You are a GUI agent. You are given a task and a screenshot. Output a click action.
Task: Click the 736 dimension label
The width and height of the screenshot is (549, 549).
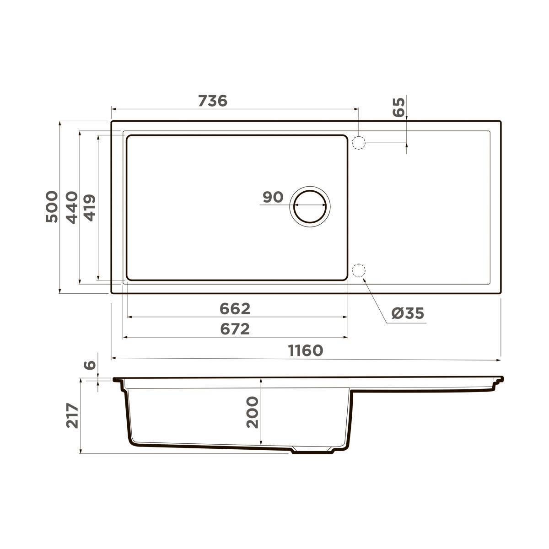[x=213, y=101]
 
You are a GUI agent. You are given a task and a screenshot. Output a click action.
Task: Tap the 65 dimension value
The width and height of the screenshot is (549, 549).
[x=399, y=108]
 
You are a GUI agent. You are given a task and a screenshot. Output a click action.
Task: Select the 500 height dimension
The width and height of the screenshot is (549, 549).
[x=52, y=207]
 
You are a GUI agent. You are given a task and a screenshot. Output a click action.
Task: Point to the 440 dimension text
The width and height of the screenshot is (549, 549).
[x=72, y=207]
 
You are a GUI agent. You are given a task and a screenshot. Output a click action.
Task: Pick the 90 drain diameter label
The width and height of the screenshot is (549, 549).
[x=273, y=197]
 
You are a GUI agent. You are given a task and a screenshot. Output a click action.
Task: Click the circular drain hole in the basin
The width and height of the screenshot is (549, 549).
[x=310, y=206]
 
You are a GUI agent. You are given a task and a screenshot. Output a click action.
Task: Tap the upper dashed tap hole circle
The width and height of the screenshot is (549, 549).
[x=359, y=143]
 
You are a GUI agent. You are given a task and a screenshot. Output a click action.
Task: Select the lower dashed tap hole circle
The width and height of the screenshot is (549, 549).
[x=359, y=271]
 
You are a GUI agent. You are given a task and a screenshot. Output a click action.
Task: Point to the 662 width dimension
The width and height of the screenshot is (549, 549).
[x=235, y=309]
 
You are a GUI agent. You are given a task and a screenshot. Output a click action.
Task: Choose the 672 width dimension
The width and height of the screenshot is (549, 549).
[x=235, y=329]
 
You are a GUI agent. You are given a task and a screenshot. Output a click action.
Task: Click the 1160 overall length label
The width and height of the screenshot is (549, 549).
[x=306, y=350]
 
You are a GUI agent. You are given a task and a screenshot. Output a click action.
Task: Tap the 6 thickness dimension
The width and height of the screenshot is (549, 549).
[x=91, y=365]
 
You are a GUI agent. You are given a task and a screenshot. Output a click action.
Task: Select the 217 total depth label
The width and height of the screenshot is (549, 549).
[x=72, y=415]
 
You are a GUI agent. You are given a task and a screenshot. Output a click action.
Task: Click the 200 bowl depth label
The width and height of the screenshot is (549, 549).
[x=252, y=412]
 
